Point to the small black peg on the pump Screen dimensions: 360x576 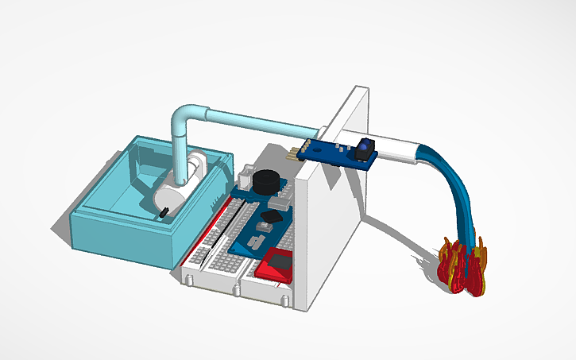point(162,212)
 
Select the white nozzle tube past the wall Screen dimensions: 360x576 point(395,147)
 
